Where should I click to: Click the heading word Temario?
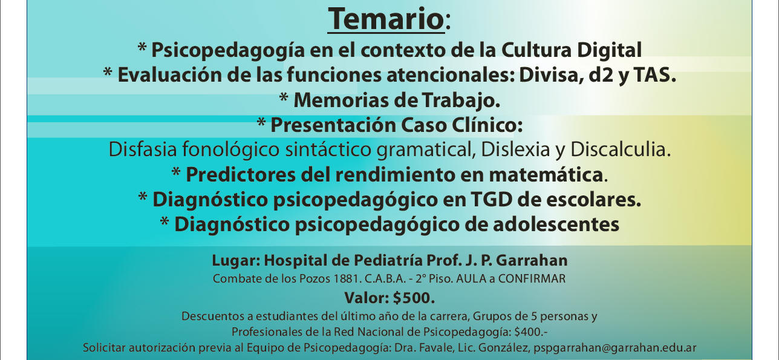(x=386, y=19)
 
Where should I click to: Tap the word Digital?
(x=609, y=50)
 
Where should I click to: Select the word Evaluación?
(x=170, y=75)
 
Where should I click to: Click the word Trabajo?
(x=461, y=101)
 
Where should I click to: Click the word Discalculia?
(x=621, y=149)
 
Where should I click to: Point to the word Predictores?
(x=241, y=174)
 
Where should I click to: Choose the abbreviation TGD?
(x=491, y=200)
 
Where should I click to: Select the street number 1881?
(x=346, y=278)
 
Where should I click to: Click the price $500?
(x=414, y=298)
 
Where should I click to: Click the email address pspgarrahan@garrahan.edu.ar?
(x=615, y=348)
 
